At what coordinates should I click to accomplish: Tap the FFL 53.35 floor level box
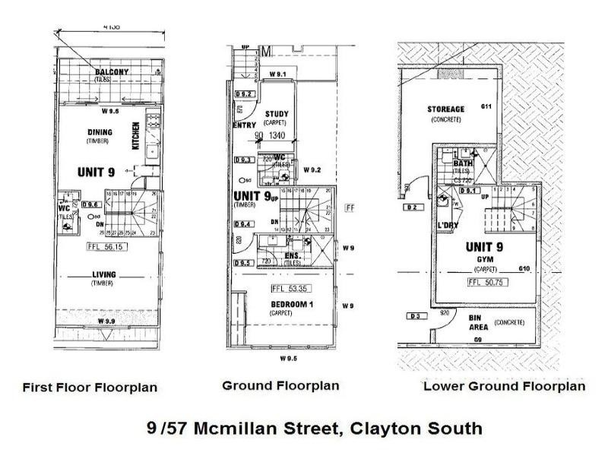click(x=287, y=289)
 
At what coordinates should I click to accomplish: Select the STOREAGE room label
click(x=447, y=109)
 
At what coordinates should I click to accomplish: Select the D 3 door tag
click(x=414, y=315)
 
